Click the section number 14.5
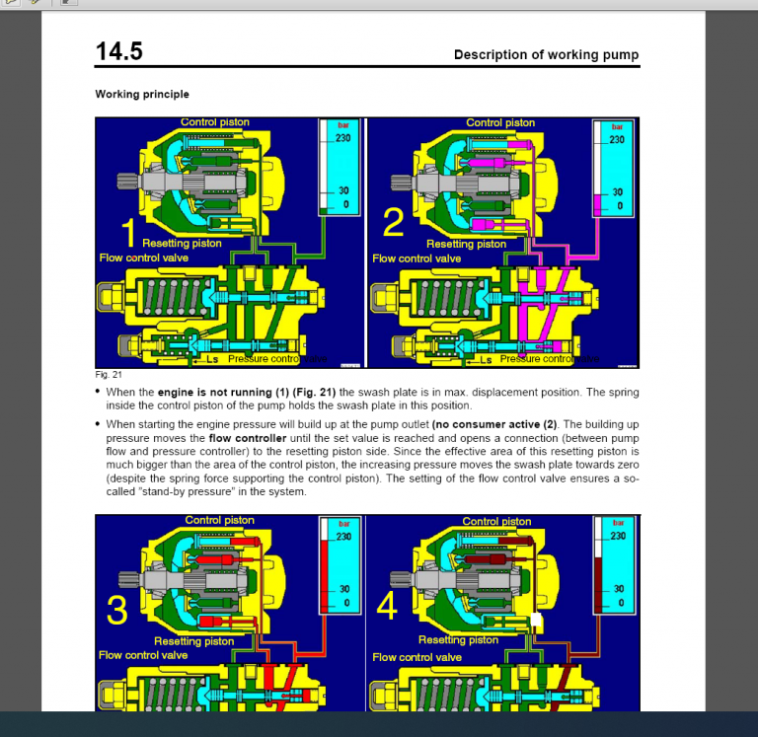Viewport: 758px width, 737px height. point(118,51)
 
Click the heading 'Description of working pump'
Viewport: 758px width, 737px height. point(546,55)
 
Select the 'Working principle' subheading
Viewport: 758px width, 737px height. point(142,95)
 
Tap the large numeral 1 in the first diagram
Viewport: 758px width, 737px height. point(127,231)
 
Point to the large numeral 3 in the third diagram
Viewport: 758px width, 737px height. point(116,611)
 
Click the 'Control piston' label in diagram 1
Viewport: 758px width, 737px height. point(215,123)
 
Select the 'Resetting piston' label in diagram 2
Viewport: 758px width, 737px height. point(466,245)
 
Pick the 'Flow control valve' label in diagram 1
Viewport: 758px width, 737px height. point(143,258)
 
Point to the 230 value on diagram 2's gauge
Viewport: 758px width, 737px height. point(617,140)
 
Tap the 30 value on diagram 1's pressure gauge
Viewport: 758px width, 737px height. point(343,191)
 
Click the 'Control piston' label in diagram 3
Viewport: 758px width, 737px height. point(219,521)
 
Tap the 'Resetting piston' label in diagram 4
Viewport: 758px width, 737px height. point(458,640)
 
